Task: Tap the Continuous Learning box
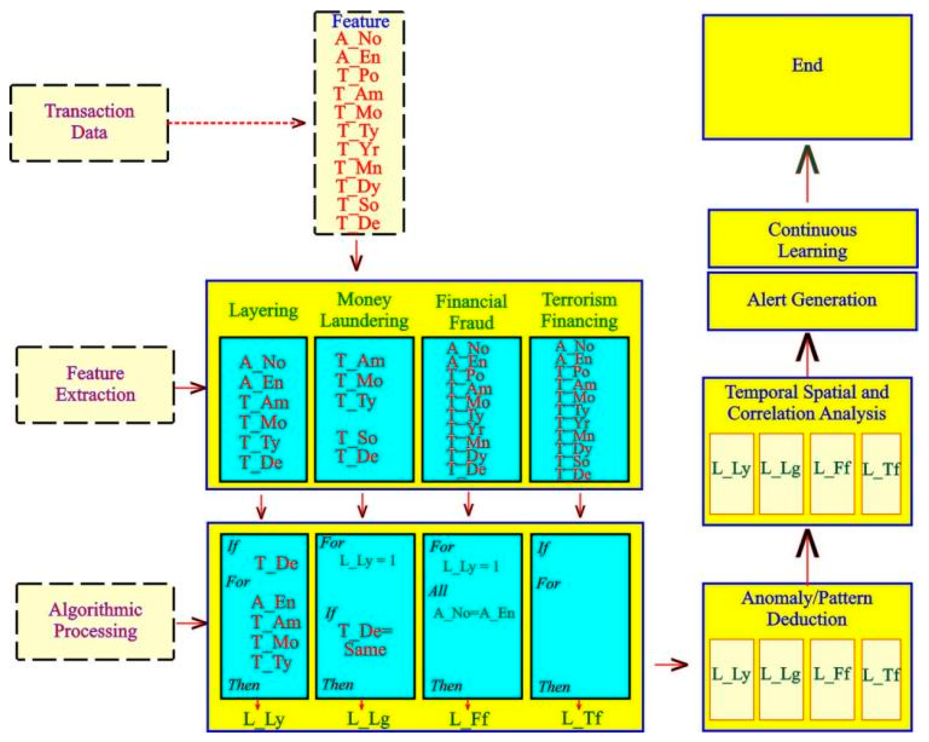[x=812, y=239]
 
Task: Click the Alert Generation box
[x=812, y=301]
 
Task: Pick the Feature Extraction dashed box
[x=95, y=384]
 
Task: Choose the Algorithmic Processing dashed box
[x=95, y=621]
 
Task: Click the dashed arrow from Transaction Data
[x=236, y=123]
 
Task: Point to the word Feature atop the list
[x=360, y=21]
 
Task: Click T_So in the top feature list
[x=358, y=205]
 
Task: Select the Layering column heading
[x=263, y=310]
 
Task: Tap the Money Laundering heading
[x=364, y=310]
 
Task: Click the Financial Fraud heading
[x=471, y=312]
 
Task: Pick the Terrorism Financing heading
[x=579, y=310]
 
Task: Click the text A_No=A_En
[x=474, y=613]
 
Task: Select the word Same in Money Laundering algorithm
[x=365, y=650]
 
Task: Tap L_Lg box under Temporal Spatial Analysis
[x=781, y=473]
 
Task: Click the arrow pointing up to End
[x=807, y=172]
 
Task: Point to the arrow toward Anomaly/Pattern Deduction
[x=671, y=664]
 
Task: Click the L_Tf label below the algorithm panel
[x=582, y=718]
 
